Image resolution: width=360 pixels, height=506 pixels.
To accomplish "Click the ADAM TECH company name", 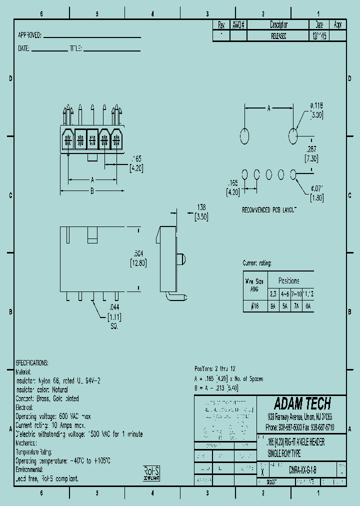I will (x=302, y=404).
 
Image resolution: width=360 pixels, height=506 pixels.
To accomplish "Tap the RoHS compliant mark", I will (x=151, y=473).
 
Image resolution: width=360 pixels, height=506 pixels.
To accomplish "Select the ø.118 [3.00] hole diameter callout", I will (x=316, y=110).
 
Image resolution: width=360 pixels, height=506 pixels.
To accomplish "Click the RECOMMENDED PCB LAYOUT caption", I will (x=269, y=209).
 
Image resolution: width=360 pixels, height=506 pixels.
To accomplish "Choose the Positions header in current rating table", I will (x=288, y=280).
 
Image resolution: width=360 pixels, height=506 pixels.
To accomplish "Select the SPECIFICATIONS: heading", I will (x=32, y=362).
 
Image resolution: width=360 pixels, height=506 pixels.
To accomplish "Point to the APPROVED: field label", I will (x=30, y=35).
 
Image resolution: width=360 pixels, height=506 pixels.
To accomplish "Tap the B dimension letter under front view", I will (x=92, y=190).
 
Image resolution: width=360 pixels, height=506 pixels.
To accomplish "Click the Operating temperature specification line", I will (x=63, y=460).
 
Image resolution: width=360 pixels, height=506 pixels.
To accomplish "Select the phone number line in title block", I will (x=300, y=428).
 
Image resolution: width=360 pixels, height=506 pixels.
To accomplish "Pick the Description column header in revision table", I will (x=278, y=24).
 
